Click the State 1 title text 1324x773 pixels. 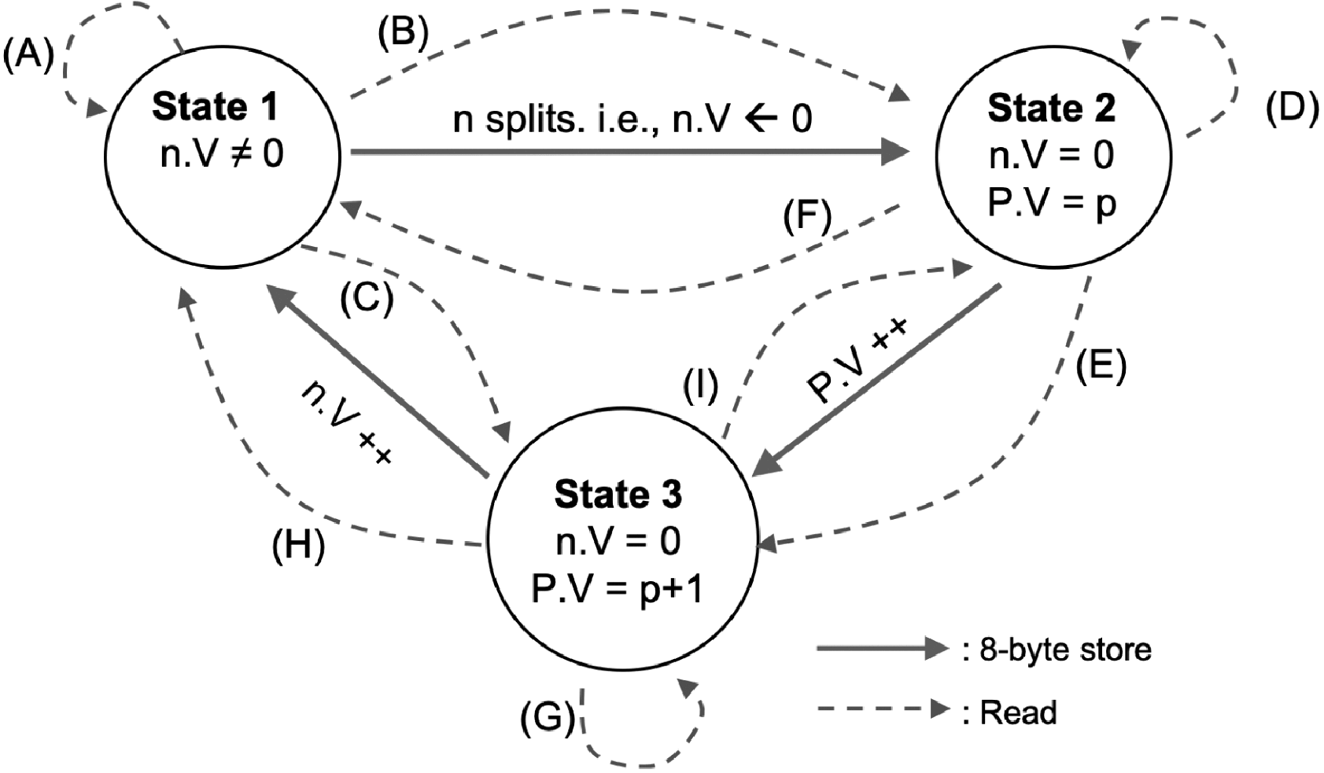coord(215,107)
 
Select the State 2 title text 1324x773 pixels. coord(1051,109)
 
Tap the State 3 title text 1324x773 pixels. coord(618,494)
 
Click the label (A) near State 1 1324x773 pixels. coord(28,57)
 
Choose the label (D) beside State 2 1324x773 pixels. coord(1292,109)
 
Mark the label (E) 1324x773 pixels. coord(1100,366)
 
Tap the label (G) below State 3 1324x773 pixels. coord(548,717)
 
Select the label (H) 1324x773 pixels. coord(298,546)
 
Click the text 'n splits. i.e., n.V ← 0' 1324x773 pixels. coord(632,120)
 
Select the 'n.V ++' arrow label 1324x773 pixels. coord(346,425)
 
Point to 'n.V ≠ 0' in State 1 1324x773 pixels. coord(221,154)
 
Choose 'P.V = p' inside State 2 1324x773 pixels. coord(1051,202)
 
